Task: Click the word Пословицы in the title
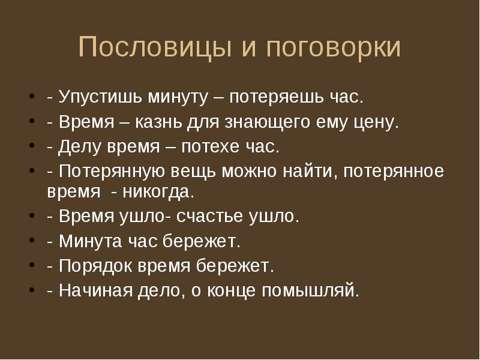155,47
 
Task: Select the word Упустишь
100,97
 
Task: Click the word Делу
79,146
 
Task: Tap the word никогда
158,193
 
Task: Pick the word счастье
210,217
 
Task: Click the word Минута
91,241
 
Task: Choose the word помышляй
310,290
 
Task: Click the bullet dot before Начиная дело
32,290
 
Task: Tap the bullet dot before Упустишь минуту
32,96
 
